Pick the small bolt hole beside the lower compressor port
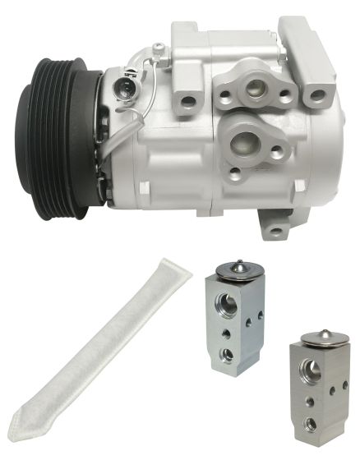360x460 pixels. pos(277,151)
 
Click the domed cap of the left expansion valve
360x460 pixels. pos(238,270)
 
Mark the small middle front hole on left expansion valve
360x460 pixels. pos(227,334)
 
